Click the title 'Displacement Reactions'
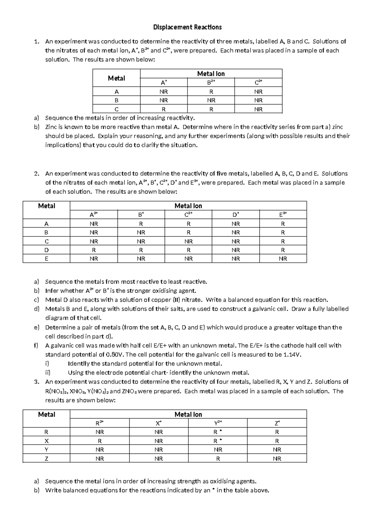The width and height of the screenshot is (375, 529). click(187, 27)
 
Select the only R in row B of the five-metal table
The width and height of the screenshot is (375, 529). click(188, 232)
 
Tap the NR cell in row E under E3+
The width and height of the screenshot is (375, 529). click(283, 259)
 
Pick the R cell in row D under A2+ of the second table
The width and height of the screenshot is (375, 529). click(94, 250)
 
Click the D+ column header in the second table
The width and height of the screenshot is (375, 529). click(236, 215)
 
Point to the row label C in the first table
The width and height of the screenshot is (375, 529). click(116, 109)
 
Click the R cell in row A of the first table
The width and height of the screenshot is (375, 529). click(211, 92)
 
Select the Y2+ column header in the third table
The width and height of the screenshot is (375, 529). click(218, 423)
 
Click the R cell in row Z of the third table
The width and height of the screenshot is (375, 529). click(218, 459)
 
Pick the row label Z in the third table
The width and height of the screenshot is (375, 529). click(46, 459)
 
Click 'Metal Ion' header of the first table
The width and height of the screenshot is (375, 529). click(211, 74)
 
